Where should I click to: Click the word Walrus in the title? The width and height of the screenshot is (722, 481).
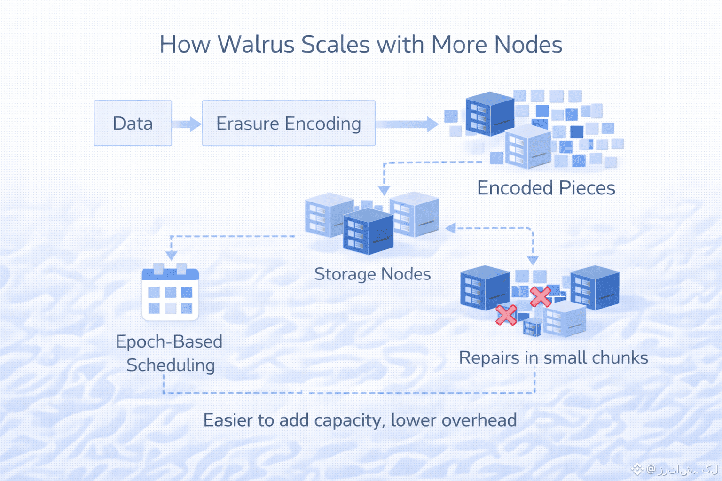[256, 45]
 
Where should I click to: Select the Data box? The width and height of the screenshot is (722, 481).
[133, 123]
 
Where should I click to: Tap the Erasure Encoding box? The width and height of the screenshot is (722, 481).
[288, 123]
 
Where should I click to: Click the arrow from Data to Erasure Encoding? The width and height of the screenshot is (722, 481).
[187, 124]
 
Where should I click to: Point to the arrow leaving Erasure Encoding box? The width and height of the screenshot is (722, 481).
[407, 124]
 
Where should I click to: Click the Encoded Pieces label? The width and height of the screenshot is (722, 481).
[546, 188]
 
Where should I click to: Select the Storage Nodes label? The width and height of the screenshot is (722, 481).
[372, 274]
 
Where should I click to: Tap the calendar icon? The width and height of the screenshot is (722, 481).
[170, 293]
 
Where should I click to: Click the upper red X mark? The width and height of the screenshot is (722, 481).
[540, 296]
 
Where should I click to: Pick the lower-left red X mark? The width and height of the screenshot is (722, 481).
[506, 315]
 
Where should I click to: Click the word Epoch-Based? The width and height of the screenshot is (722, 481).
[169, 341]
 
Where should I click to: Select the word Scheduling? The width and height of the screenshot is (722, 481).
[171, 365]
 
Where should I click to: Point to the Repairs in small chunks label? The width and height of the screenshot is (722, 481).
[553, 357]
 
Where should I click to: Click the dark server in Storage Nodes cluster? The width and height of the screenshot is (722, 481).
[368, 232]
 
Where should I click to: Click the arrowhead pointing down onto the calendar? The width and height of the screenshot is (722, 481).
[172, 255]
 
